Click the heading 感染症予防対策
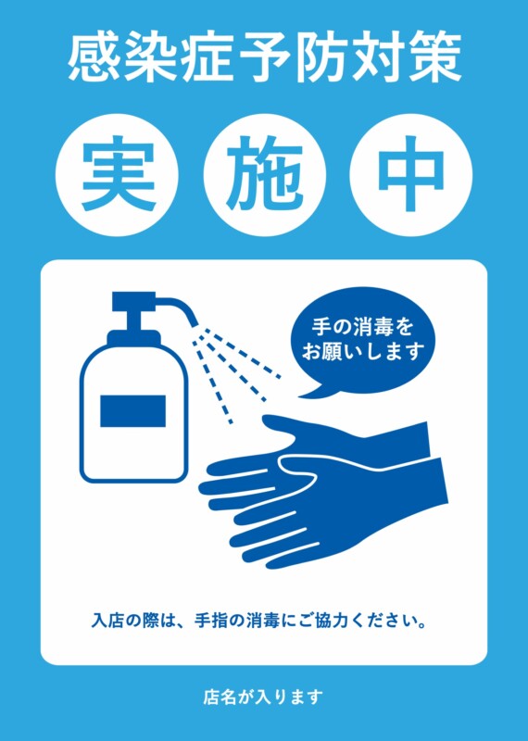pos(264,59)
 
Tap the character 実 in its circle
pos(119,173)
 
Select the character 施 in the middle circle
pos(264,173)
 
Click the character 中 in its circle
pos(410,173)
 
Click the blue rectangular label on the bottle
pos(132,410)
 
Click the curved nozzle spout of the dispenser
pos(176,309)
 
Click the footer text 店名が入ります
pos(263,697)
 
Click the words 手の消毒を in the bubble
pos(362,327)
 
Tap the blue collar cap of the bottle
pos(133,338)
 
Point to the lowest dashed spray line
pos(212,377)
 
